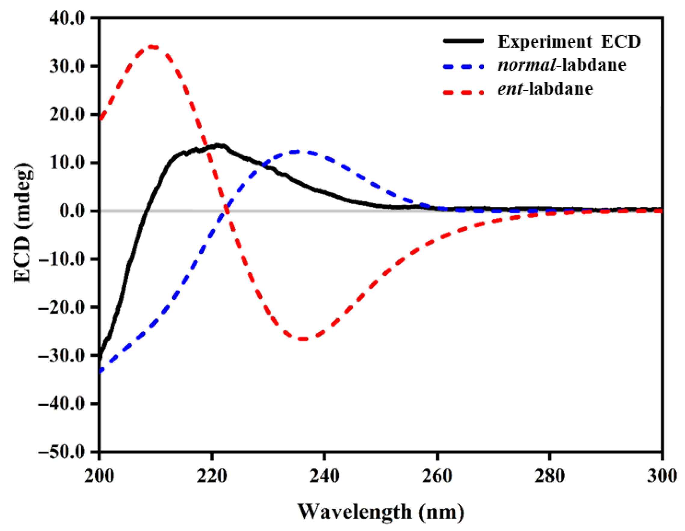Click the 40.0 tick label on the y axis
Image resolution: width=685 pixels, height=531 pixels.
[x=66, y=19]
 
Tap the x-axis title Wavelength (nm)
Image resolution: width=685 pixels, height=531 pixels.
[x=381, y=512]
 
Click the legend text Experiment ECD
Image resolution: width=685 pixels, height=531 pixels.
[x=569, y=42]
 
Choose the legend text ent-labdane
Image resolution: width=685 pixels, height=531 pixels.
[x=545, y=89]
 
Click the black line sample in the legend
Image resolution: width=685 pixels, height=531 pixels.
[x=463, y=41]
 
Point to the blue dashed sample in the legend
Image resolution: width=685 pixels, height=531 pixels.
[x=463, y=66]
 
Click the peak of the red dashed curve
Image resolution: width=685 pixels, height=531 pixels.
[x=152, y=46]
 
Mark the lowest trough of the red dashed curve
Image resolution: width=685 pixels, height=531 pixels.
[x=303, y=339]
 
